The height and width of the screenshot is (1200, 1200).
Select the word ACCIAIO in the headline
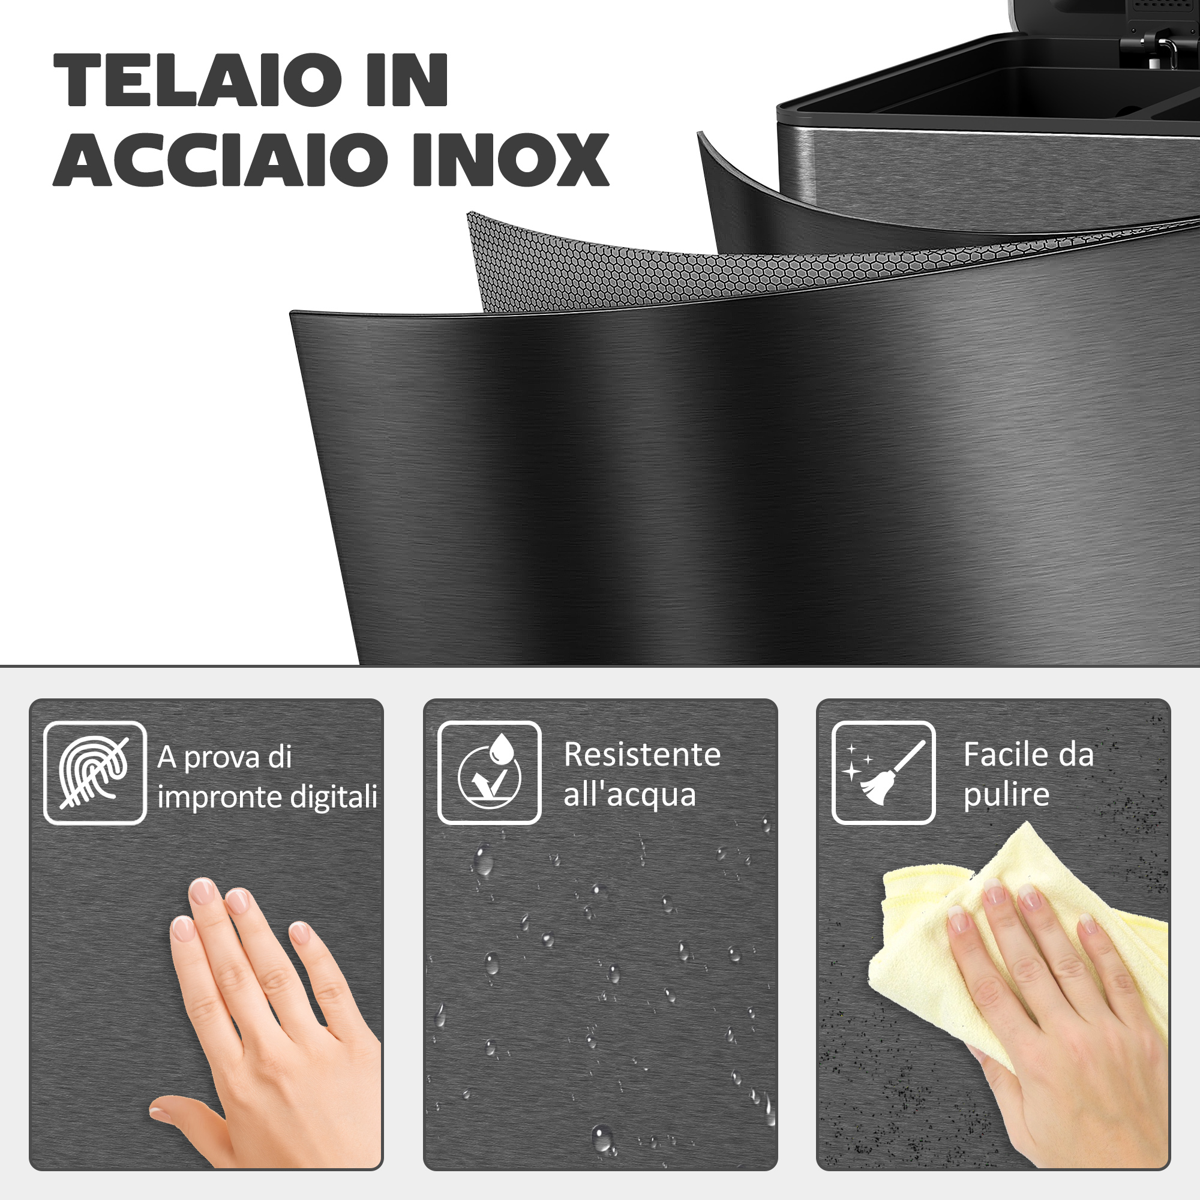pyautogui.click(x=220, y=160)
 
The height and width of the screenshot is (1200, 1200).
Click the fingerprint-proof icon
pyautogui.click(x=95, y=773)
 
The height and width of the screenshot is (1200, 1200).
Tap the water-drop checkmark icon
pyautogui.click(x=490, y=773)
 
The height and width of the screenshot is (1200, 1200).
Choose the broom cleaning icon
pyautogui.click(x=883, y=773)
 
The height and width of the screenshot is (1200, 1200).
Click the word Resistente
pyautogui.click(x=642, y=755)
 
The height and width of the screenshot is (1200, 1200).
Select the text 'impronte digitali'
pyautogui.click(x=267, y=797)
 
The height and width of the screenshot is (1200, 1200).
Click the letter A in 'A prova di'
pyautogui.click(x=166, y=757)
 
